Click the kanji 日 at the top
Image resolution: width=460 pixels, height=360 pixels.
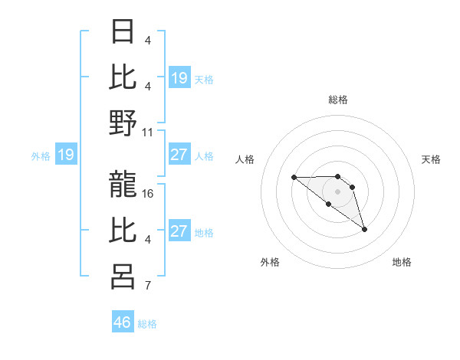coord(123,32)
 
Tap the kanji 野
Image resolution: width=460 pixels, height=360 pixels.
coord(123,123)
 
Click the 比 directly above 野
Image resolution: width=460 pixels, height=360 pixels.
coord(123,77)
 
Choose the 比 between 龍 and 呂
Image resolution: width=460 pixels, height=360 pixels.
coord(123,230)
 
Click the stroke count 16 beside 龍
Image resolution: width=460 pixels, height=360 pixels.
coord(149,194)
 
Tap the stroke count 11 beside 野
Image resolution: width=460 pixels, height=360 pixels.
coord(149,132)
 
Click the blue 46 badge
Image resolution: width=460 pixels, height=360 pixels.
coord(123,322)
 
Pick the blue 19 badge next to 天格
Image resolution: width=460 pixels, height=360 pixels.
coord(179,78)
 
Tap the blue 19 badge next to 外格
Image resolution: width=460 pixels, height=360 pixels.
coord(65,155)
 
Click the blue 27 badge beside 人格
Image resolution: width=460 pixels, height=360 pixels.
coord(179,155)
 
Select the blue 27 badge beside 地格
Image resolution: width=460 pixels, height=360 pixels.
coord(179,231)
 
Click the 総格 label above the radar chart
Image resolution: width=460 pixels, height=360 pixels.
coord(337,100)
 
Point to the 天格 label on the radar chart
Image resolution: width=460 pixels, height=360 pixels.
coord(431,159)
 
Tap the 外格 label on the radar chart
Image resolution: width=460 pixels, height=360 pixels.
coord(270,262)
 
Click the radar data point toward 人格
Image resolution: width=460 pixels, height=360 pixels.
coord(294,177)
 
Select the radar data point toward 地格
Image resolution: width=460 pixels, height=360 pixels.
coord(364,229)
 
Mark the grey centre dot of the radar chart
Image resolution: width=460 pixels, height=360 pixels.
coord(337,191)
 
